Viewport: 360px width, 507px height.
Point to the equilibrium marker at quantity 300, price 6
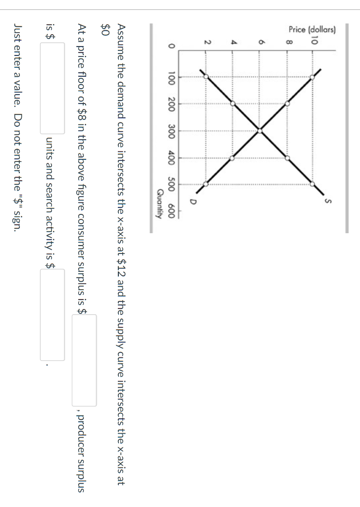(260, 131)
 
